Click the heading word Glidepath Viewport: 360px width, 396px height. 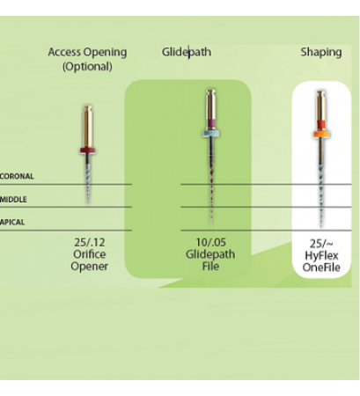187,52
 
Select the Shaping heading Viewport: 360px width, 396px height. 321,53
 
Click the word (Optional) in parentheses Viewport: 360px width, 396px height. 87,67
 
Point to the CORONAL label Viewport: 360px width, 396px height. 17,176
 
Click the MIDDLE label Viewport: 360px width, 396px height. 13,200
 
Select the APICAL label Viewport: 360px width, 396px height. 12,222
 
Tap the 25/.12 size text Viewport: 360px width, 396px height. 90,243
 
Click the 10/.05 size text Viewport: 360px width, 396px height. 210,243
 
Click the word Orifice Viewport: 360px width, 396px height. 90,254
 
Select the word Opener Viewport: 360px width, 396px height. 90,267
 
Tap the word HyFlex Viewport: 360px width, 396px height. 321,256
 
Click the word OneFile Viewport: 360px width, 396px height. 321,268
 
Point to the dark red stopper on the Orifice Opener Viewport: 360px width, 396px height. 88,150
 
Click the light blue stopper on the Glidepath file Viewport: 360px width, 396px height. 211,134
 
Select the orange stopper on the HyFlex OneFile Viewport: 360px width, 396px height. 321,134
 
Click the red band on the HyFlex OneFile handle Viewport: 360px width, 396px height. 321,125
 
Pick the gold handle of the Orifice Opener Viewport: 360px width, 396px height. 88,126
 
